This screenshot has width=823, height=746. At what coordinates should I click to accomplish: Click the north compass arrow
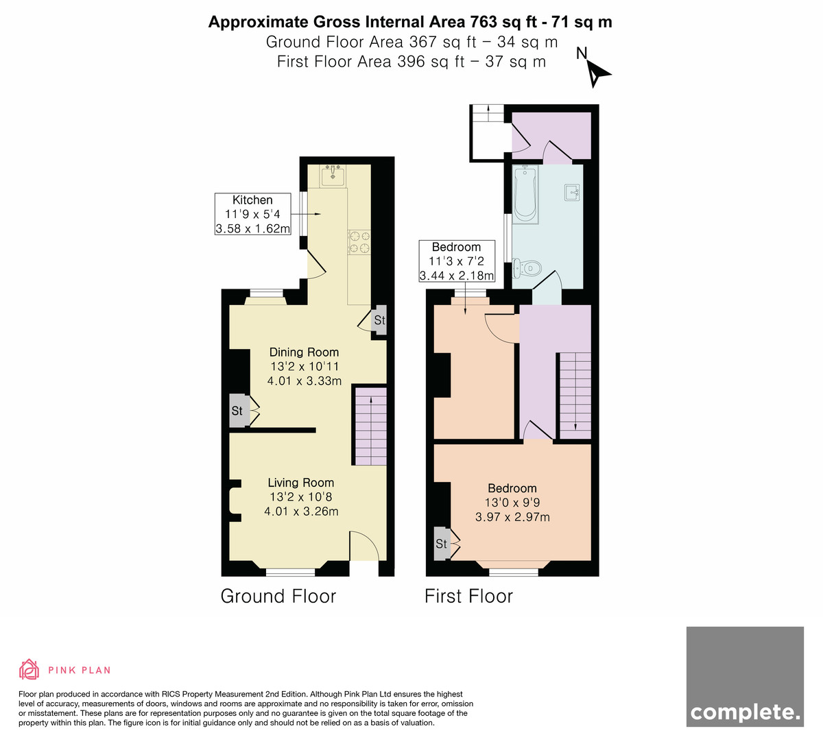click(597, 75)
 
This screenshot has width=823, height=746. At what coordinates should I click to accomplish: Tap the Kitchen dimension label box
click(252, 214)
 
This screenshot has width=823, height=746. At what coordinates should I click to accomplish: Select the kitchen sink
click(333, 176)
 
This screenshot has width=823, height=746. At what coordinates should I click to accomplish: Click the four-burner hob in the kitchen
click(359, 241)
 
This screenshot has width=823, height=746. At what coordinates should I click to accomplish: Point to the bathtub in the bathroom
click(525, 194)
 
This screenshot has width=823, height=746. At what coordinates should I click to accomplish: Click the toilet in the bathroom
click(527, 268)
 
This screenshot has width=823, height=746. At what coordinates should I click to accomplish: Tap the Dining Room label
click(304, 352)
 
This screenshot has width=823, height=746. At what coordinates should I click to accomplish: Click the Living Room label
click(300, 483)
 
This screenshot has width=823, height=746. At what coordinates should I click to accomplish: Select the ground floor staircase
click(370, 426)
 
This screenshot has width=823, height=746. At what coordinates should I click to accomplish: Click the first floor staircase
click(575, 396)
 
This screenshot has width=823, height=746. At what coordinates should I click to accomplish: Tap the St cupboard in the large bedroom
click(442, 543)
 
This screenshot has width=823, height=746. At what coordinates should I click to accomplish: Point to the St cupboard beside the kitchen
click(379, 320)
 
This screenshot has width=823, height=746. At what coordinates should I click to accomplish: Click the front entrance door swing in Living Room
click(368, 546)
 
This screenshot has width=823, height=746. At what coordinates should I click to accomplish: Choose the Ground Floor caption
click(278, 597)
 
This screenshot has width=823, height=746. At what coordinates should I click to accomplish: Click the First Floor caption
click(468, 597)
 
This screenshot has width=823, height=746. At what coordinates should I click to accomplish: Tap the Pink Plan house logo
click(29, 669)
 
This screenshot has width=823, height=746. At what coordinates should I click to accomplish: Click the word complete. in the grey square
click(745, 712)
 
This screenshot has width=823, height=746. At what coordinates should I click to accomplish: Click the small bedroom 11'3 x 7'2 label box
click(457, 261)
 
